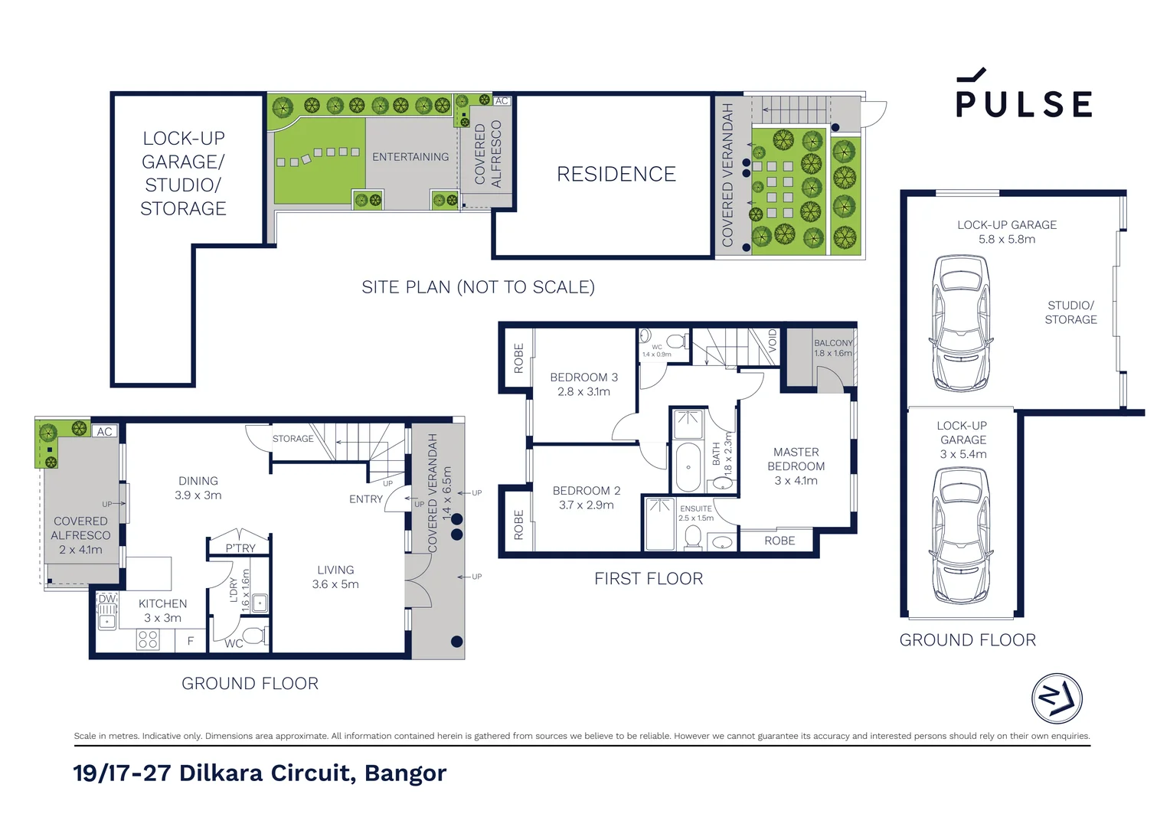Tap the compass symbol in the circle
click(x=1057, y=698)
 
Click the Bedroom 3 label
click(x=584, y=384)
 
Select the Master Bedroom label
click(x=796, y=466)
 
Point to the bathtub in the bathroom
click(x=688, y=468)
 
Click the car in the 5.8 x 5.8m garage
click(x=960, y=323)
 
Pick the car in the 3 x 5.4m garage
click(x=960, y=535)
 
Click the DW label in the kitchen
click(x=107, y=599)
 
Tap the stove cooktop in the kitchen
click(x=148, y=640)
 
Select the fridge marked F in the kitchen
click(x=190, y=640)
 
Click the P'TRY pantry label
click(x=240, y=548)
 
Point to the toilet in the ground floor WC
click(x=254, y=636)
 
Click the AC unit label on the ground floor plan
click(x=104, y=432)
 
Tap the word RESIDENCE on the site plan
click(x=616, y=174)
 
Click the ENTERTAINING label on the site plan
click(x=410, y=157)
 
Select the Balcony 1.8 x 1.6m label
click(x=833, y=348)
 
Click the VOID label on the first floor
click(x=773, y=341)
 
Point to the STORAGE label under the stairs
click(x=293, y=439)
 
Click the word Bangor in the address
click(x=405, y=773)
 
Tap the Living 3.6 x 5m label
click(x=335, y=577)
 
